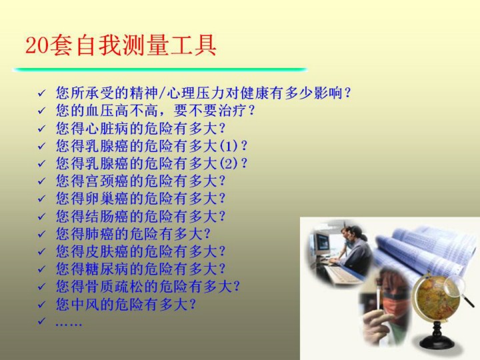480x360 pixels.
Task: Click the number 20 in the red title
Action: click(37, 45)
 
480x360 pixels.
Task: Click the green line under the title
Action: click(160, 69)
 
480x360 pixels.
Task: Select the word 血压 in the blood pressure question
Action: click(99, 110)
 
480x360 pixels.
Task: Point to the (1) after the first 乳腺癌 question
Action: click(229, 146)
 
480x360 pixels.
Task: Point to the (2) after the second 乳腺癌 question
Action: click(229, 163)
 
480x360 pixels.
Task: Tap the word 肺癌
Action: click(99, 233)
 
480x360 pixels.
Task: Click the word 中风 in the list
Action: click(85, 304)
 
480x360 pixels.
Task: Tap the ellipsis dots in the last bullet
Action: click(69, 324)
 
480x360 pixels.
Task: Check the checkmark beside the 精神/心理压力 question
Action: click(41, 93)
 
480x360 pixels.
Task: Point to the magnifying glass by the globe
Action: click(458, 290)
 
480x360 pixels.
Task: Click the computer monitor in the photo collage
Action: click(321, 245)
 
